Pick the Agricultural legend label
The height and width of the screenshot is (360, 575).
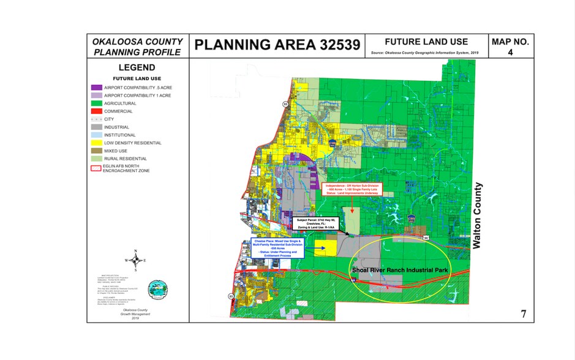tap(122, 103)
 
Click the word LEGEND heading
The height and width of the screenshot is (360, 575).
tap(137, 67)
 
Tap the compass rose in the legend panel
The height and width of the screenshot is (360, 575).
tap(135, 260)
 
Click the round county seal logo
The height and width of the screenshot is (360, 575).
tap(157, 289)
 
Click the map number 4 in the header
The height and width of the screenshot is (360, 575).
tap(510, 53)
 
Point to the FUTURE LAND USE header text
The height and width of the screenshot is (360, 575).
tap(426, 42)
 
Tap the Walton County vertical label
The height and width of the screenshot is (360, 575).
tap(479, 215)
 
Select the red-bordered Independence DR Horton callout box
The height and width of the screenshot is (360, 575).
tap(352, 188)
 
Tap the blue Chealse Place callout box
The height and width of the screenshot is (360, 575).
tap(277, 248)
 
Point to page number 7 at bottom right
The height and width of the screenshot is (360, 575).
tap(523, 315)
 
